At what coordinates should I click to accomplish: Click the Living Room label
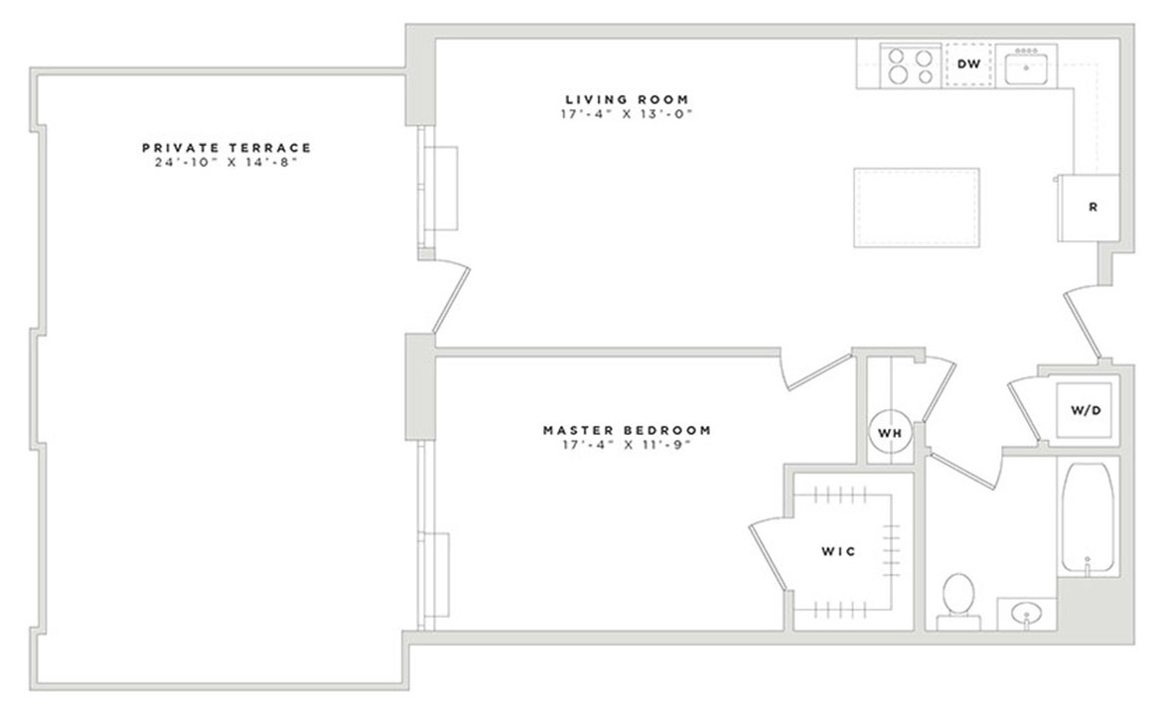pos(626,99)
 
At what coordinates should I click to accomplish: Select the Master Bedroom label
pos(626,430)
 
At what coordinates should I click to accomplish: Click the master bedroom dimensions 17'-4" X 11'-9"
pos(626,445)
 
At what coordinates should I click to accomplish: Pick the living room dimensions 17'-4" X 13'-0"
pos(626,114)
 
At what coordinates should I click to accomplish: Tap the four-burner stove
pos(911,67)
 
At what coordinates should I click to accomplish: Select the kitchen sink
pos(1026,68)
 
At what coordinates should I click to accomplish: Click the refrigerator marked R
pos(1090,208)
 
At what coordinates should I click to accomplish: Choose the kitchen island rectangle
pos(916,209)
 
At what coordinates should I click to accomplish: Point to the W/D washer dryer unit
pos(1085,409)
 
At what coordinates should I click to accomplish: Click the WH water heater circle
pos(889,432)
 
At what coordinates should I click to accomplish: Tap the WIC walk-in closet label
pos(837,550)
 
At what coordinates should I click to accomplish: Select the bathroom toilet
pos(958,598)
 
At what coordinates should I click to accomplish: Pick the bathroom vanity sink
pos(1026,616)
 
